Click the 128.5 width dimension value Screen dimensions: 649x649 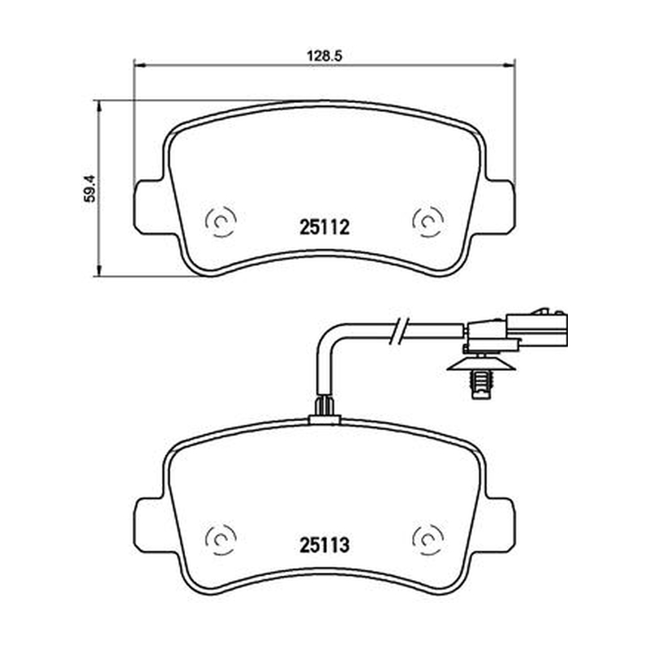pyautogui.click(x=324, y=56)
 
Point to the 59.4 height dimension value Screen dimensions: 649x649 pyautogui.click(x=89, y=188)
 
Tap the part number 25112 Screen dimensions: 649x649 pyautogui.click(x=324, y=227)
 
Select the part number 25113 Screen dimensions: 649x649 pyautogui.click(x=324, y=545)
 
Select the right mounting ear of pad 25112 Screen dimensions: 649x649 pyautogui.click(x=500, y=207)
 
